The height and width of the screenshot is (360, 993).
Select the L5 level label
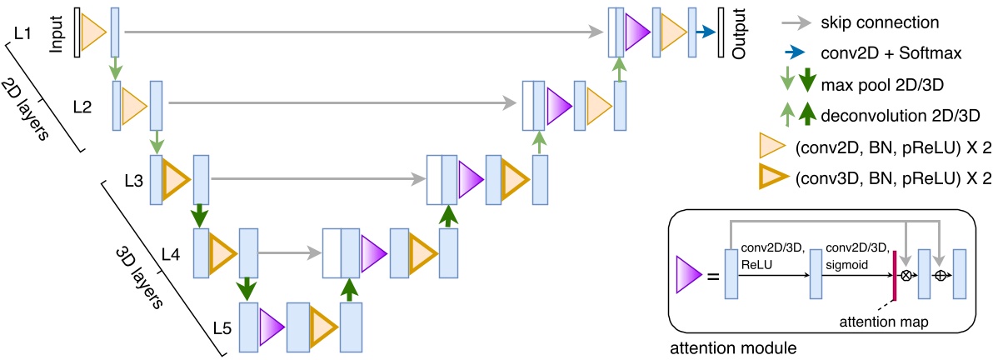click(x=222, y=327)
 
